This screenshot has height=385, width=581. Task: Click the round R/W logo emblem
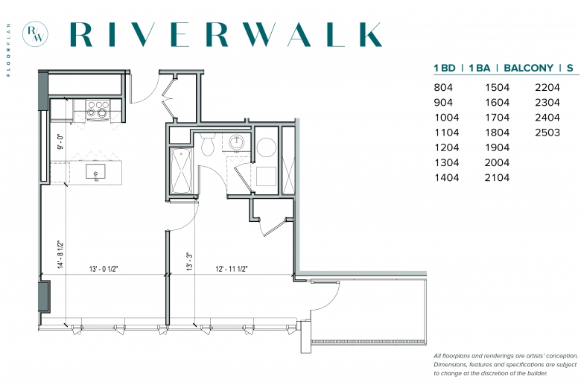click(x=35, y=34)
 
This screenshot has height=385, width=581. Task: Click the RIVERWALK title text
click(x=226, y=35)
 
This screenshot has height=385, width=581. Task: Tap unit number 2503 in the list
click(x=547, y=133)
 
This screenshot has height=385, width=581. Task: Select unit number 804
click(x=443, y=87)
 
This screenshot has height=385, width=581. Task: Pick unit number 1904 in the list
click(x=498, y=147)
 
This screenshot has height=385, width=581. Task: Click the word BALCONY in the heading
click(x=528, y=69)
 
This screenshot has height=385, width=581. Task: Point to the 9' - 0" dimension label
click(x=60, y=141)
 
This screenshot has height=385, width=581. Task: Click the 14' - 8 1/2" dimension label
click(x=60, y=254)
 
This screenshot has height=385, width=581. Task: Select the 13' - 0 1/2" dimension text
click(x=104, y=269)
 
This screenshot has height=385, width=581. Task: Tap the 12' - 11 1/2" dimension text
click(x=232, y=269)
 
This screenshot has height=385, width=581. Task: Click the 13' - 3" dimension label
click(x=190, y=261)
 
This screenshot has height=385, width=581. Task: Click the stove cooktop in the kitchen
click(x=98, y=110)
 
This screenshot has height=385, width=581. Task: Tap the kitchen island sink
click(x=95, y=172)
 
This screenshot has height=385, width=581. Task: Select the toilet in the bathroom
click(x=208, y=144)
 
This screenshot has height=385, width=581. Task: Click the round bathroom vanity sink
click(x=236, y=142)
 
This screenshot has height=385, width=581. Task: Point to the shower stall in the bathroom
click(x=181, y=171)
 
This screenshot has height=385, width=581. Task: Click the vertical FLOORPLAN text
click(x=8, y=50)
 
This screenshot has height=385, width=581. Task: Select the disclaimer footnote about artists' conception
click(x=506, y=365)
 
